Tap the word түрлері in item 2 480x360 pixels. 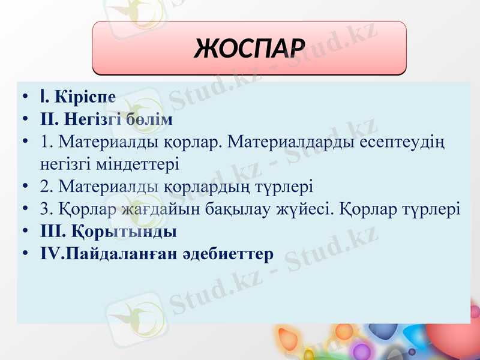285,186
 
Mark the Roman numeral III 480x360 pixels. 52,231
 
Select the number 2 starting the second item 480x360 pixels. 45,186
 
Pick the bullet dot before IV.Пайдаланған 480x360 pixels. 23,254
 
